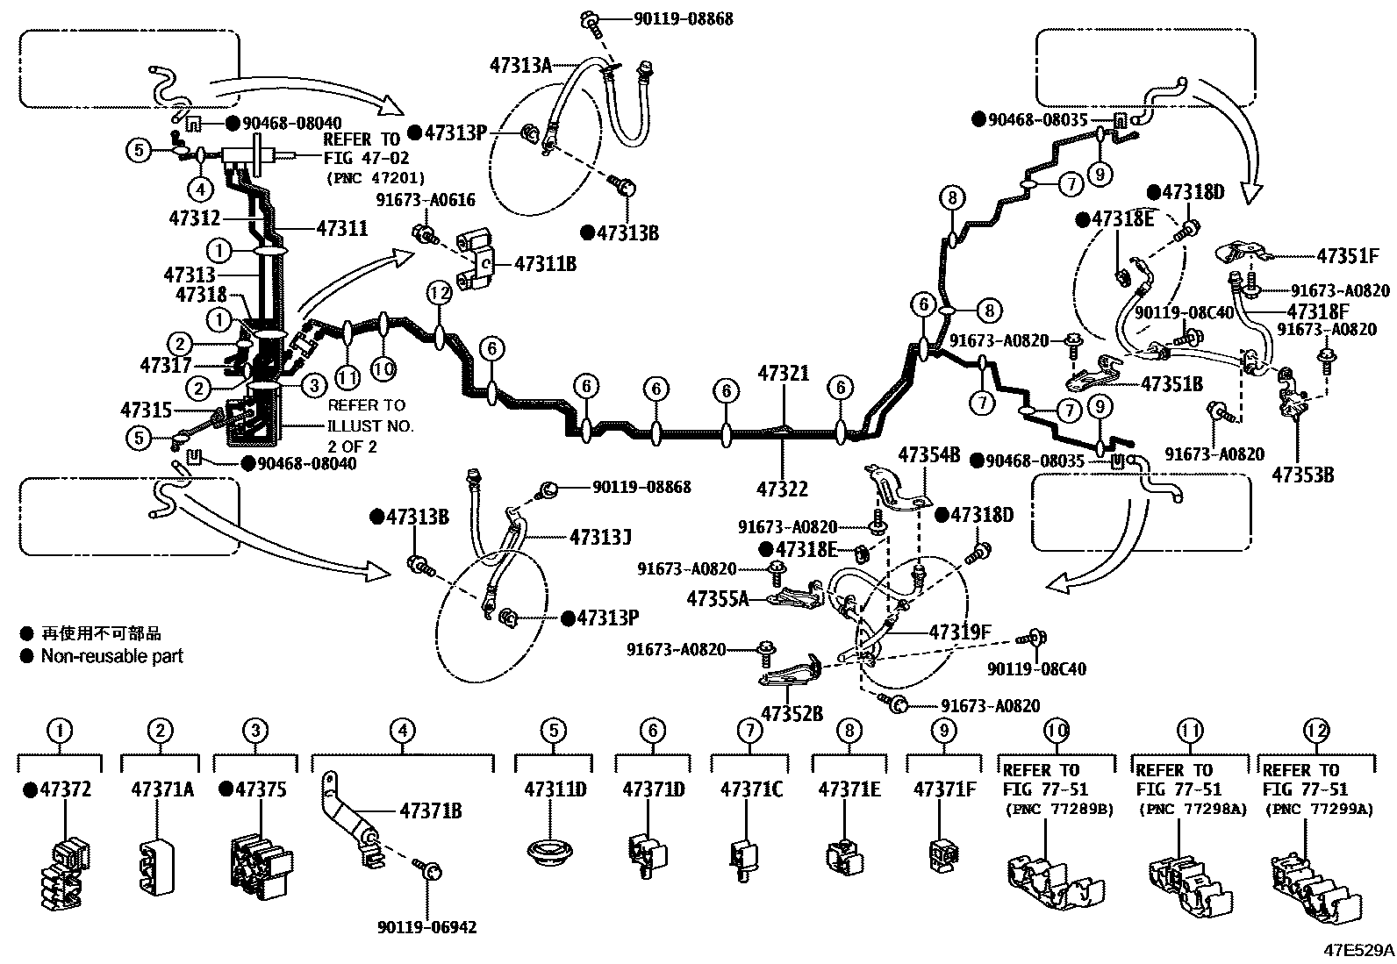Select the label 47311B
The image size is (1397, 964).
coord(545,262)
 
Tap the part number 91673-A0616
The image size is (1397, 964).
coord(426,200)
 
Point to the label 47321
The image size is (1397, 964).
coord(783,374)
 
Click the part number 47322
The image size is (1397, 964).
coord(783,489)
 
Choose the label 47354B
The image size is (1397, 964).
coord(928,454)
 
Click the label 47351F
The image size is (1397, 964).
coord(1347,256)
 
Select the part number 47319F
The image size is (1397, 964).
coord(960,632)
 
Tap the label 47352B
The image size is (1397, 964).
coord(792,713)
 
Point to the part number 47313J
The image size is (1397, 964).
coord(600,536)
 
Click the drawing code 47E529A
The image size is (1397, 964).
coord(1359,950)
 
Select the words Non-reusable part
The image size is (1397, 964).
coord(111,655)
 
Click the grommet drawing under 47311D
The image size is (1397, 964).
coord(553,852)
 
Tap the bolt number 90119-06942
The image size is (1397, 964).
coord(427,926)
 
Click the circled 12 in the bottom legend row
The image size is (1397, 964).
coord(1316,730)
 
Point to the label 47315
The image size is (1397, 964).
coord(146,410)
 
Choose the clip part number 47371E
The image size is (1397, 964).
coord(849,789)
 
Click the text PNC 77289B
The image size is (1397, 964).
coord(1058,809)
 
